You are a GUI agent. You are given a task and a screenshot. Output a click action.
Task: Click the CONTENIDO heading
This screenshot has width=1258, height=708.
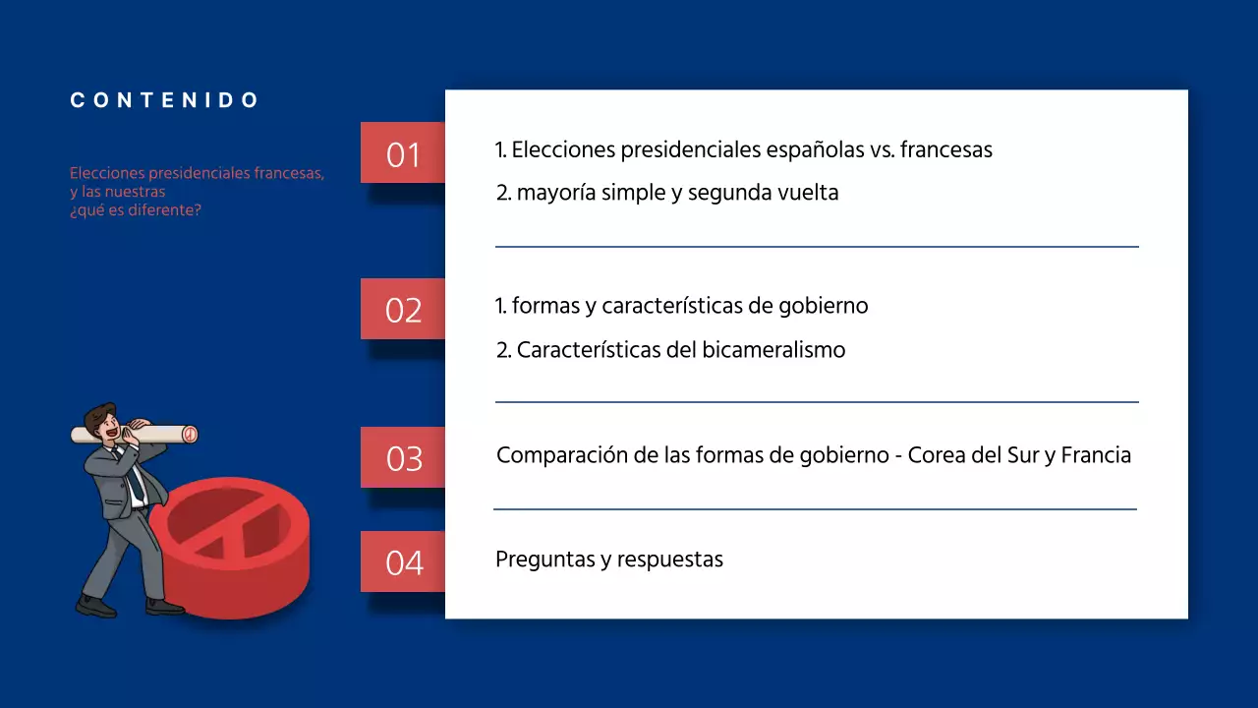pyautogui.click(x=165, y=100)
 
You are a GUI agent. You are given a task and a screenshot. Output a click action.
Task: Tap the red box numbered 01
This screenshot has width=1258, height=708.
pyautogui.click(x=403, y=153)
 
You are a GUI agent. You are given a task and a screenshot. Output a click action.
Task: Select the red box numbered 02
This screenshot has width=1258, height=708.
pyautogui.click(x=403, y=310)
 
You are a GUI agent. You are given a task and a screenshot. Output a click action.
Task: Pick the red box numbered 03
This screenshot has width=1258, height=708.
pyautogui.click(x=403, y=458)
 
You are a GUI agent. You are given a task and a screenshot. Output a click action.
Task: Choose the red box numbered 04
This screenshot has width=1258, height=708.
pyautogui.click(x=403, y=562)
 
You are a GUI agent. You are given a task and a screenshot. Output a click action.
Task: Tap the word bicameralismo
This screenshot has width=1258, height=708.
pyautogui.click(x=773, y=350)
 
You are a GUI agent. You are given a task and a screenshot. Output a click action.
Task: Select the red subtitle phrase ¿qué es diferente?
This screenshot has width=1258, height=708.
pyautogui.click(x=136, y=210)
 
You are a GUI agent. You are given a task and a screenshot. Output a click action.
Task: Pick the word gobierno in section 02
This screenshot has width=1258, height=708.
pyautogui.click(x=821, y=306)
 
